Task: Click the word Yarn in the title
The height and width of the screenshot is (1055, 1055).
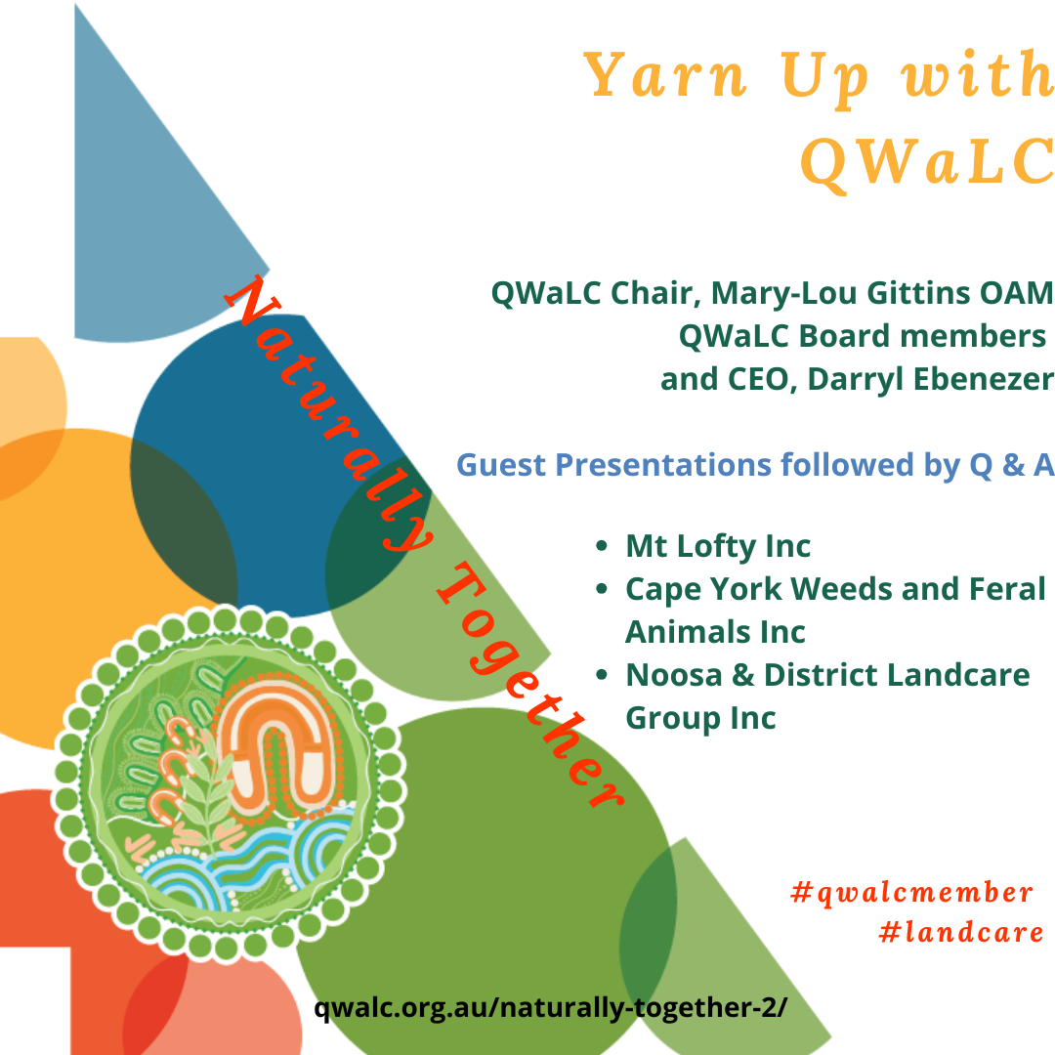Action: pyautogui.click(x=665, y=74)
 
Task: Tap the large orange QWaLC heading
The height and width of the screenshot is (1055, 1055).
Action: pyautogui.click(x=927, y=161)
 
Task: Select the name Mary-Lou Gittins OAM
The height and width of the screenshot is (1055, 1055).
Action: pyautogui.click(x=882, y=293)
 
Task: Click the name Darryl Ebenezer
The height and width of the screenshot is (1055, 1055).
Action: pyautogui.click(x=931, y=380)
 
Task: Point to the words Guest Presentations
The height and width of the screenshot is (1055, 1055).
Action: pyautogui.click(x=613, y=465)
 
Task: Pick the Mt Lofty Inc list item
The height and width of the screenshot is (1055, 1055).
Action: pyautogui.click(x=718, y=546)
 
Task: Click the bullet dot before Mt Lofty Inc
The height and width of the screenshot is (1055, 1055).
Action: pyautogui.click(x=602, y=546)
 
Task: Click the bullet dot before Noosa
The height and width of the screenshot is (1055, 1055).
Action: pyautogui.click(x=602, y=675)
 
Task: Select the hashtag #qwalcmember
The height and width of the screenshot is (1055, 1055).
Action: pyautogui.click(x=911, y=893)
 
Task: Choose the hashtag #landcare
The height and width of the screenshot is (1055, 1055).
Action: pyautogui.click(x=961, y=933)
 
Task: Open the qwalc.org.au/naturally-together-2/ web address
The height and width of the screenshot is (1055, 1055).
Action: pyautogui.click(x=550, y=1008)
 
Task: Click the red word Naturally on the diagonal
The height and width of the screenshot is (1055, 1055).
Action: pyautogui.click(x=328, y=413)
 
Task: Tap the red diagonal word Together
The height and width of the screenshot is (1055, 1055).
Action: pyautogui.click(x=531, y=684)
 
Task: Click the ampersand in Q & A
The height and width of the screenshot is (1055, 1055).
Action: pyautogui.click(x=1013, y=465)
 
